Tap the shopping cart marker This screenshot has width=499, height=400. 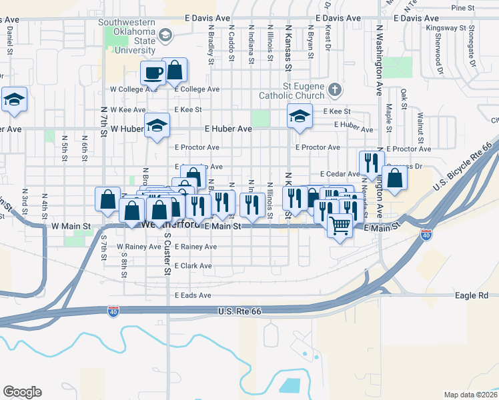(x=340, y=227)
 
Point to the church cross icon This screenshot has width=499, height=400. (x=335, y=89)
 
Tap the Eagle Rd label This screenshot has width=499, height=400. (x=473, y=295)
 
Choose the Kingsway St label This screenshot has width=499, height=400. (x=449, y=28)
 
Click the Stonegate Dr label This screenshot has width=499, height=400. (x=472, y=41)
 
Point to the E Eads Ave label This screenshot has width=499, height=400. (x=193, y=295)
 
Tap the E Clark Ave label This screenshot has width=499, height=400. (x=193, y=266)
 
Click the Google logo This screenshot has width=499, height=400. (x=22, y=392)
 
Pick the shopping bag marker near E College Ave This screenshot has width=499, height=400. (x=174, y=69)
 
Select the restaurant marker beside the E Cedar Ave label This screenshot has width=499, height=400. (x=372, y=163)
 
